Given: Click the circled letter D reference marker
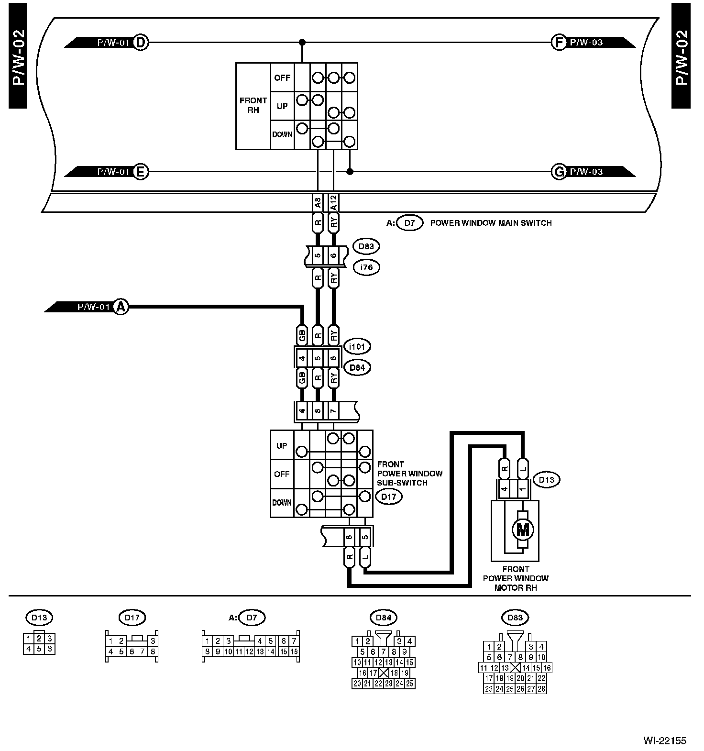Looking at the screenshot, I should [141, 43].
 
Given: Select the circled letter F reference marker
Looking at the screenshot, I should [559, 43].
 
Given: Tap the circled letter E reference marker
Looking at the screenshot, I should [140, 172].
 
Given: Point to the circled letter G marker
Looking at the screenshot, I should [559, 172].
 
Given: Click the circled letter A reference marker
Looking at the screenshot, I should [121, 307].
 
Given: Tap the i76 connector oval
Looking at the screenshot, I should [366, 267].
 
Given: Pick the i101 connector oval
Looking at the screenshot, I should [357, 346].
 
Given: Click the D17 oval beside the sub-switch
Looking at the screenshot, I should [389, 497].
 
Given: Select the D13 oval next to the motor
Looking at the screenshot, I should [546, 480].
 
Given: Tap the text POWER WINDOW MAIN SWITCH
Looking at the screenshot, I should [491, 223].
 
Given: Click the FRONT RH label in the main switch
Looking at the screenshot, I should [253, 105].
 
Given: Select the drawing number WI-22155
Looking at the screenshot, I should [664, 740].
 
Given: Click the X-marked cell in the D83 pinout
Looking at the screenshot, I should [515, 668].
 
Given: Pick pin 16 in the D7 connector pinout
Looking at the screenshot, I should [294, 652].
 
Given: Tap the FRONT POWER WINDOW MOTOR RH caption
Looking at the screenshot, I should [516, 578].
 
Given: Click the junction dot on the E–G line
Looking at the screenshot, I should [350, 172].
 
